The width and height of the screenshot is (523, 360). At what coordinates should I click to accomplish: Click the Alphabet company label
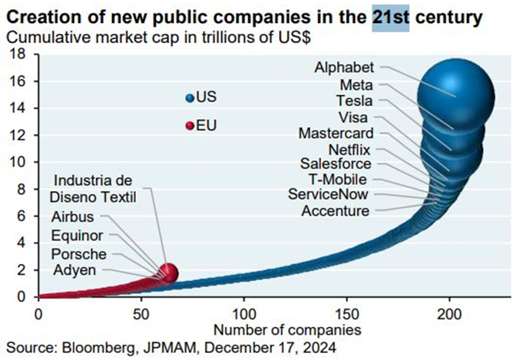344,68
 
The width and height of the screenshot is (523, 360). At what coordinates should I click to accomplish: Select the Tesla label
354,101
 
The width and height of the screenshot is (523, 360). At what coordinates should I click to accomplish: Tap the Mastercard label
336,133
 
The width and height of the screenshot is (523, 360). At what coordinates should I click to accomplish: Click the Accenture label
335,211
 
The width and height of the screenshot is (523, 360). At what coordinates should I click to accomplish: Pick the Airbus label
72,217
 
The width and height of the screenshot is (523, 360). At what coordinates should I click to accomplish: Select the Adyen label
74,270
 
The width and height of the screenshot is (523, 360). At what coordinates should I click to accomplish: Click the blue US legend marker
190,98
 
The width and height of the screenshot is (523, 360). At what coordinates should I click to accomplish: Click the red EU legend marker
190,125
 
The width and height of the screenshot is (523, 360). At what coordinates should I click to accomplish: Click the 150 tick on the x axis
347,313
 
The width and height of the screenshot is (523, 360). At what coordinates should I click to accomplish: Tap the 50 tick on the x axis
141,313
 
